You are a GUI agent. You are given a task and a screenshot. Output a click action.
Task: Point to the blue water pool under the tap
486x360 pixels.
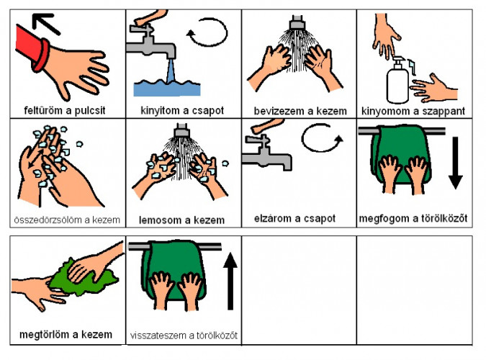(x=167, y=88)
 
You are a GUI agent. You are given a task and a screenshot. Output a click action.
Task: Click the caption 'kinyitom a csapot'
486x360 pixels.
(x=182, y=110)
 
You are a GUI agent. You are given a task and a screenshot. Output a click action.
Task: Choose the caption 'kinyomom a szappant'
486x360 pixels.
(x=413, y=110)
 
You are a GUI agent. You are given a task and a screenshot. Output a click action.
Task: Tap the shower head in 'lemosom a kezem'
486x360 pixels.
(x=181, y=132)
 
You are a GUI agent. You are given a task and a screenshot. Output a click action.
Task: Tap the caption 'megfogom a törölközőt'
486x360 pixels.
(x=413, y=218)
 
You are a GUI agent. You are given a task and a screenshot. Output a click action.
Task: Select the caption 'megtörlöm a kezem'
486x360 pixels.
(x=66, y=334)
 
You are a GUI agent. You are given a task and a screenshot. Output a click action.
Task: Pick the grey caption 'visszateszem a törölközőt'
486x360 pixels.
(x=184, y=335)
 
